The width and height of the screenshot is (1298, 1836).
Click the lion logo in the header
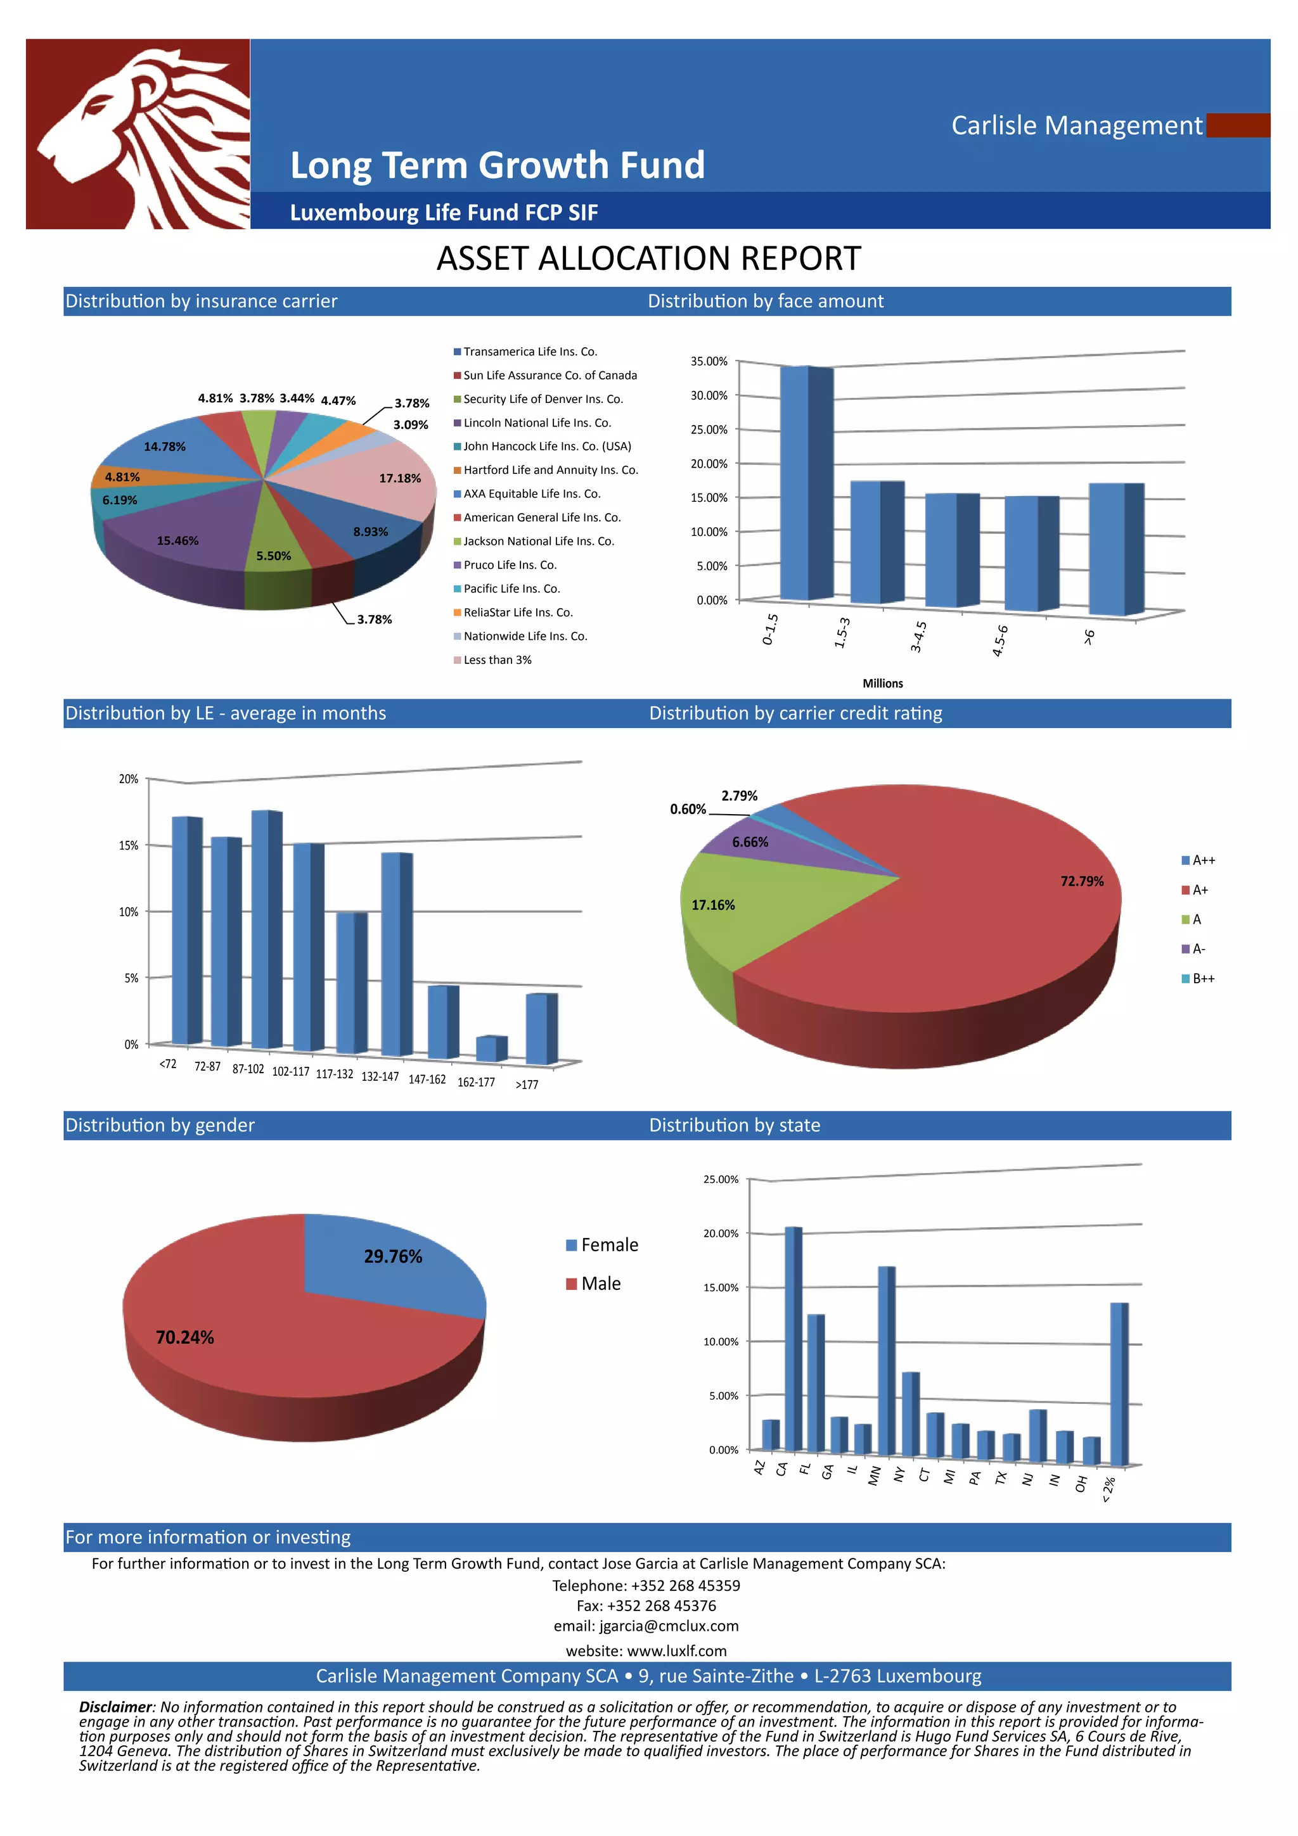pyautogui.click(x=138, y=134)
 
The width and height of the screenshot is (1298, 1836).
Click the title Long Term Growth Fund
pyautogui.click(x=497, y=165)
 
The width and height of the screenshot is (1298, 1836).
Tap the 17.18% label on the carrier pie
pyautogui.click(x=400, y=478)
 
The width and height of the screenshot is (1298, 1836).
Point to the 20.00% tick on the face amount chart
pyautogui.click(x=709, y=464)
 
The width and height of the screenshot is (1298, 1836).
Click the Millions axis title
pyautogui.click(x=882, y=683)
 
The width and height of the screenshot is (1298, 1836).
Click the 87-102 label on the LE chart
pyautogui.click(x=248, y=1069)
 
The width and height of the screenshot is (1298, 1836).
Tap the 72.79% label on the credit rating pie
pyautogui.click(x=1081, y=881)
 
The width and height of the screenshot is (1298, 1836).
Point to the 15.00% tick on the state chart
pyautogui.click(x=721, y=1287)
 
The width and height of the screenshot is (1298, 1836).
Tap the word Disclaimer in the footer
pyautogui.click(x=114, y=1707)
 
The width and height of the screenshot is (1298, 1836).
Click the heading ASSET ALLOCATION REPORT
pyautogui.click(x=648, y=259)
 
